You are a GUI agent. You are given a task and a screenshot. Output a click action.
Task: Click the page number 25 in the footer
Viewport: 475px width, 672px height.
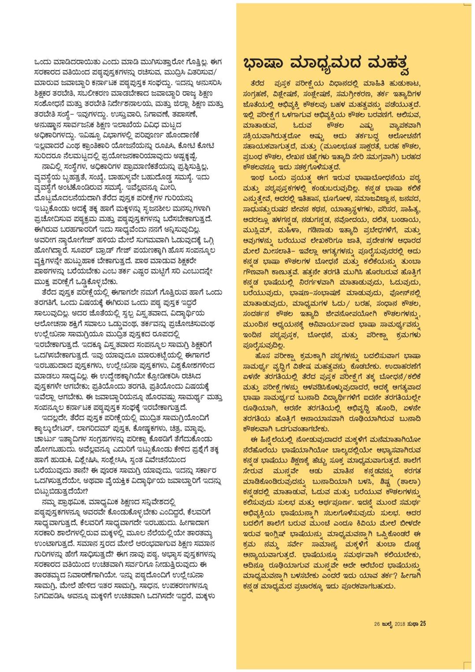pyautogui.click(x=423, y=623)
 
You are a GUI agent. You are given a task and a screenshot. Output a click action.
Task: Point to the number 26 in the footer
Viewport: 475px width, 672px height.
pyautogui.click(x=377, y=624)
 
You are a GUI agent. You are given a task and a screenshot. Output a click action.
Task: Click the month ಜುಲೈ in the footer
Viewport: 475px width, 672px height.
pyautogui.click(x=388, y=624)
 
